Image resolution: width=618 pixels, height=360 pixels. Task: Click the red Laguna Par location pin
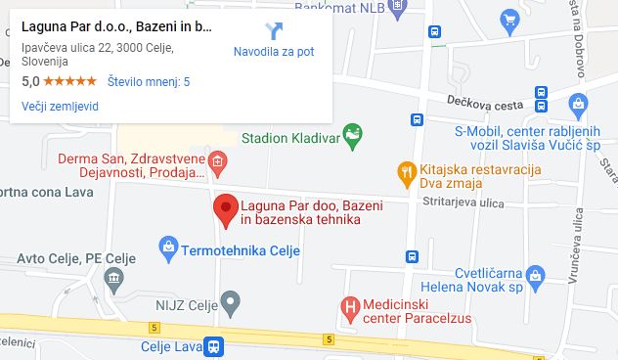(226, 209)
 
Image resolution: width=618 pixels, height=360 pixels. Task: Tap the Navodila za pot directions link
(274, 51)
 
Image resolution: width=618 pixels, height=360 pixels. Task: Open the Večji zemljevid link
(60, 106)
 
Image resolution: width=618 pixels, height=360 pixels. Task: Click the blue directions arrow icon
(274, 29)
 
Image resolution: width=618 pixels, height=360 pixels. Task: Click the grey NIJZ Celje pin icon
(230, 302)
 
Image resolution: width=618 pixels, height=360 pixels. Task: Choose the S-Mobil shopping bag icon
(578, 105)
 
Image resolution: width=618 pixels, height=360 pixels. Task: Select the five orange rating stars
(69, 82)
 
